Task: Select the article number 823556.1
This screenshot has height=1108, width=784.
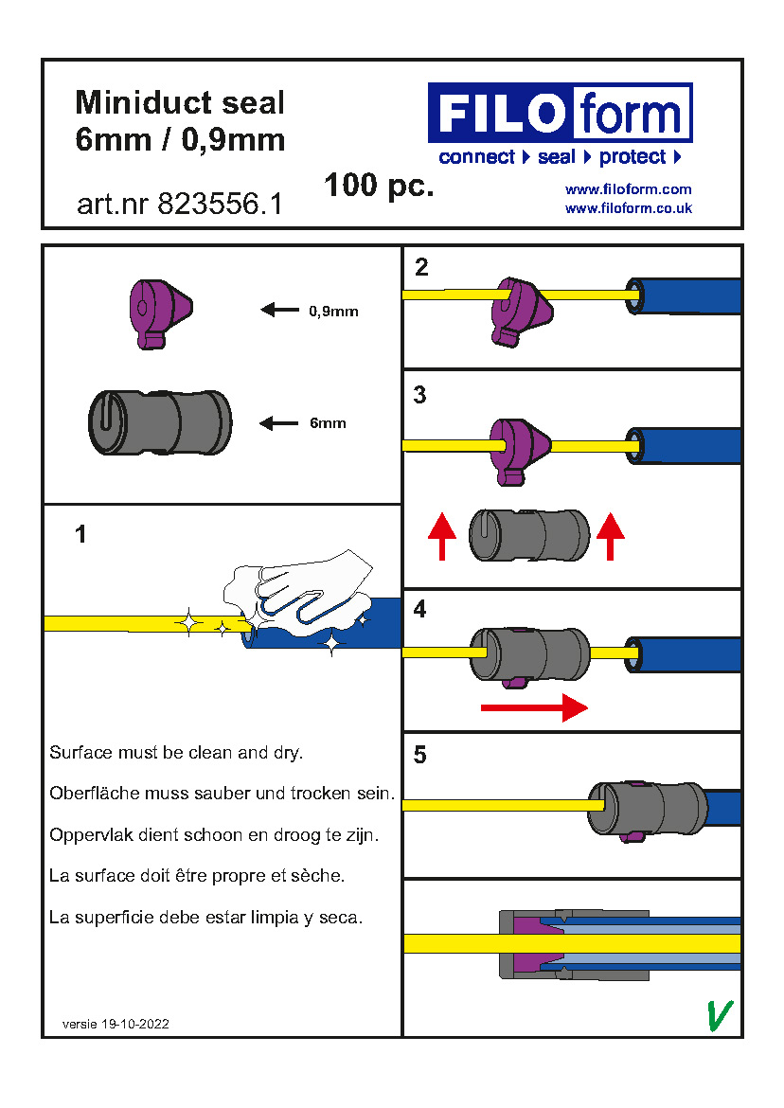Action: [179, 205]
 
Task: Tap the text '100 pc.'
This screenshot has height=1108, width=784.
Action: [379, 186]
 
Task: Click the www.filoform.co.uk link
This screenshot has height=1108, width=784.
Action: [628, 208]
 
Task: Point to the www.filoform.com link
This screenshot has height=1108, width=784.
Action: [628, 189]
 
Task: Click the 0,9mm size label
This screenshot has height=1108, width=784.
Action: [333, 311]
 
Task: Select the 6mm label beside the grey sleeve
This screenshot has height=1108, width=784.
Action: [328, 423]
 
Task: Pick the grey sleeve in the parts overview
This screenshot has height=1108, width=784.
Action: [159, 422]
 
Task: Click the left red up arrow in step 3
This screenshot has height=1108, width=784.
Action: [442, 536]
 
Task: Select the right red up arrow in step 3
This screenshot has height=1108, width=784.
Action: [611, 536]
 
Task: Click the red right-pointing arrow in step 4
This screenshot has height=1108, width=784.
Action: [534, 706]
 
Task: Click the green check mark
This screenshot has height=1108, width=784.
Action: [720, 1014]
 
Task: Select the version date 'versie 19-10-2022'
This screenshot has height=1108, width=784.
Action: [116, 1024]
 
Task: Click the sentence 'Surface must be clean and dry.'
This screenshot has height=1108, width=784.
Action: [176, 754]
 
